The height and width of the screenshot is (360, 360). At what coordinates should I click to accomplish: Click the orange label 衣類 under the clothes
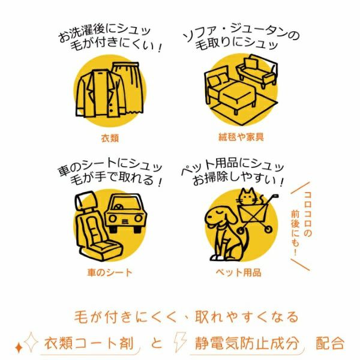(110, 138)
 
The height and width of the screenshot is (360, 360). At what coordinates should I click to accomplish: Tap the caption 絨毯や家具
(241, 137)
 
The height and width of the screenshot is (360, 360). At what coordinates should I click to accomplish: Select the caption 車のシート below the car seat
(110, 272)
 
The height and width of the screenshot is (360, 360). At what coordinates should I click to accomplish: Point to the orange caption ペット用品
(238, 272)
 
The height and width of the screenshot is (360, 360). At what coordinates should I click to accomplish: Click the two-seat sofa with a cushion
(257, 71)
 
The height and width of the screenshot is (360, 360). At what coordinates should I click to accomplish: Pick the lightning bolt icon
(180, 342)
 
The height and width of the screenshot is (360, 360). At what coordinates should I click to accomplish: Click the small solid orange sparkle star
(19, 347)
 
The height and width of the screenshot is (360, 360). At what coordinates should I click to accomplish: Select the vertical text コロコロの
(307, 214)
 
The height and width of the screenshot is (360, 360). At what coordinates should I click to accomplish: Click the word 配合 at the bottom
(330, 343)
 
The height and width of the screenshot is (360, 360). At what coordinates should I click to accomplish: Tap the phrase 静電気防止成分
(247, 343)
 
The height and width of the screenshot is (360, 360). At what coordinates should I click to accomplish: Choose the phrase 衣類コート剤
(89, 343)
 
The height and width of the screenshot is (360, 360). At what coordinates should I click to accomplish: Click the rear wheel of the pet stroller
(268, 229)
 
